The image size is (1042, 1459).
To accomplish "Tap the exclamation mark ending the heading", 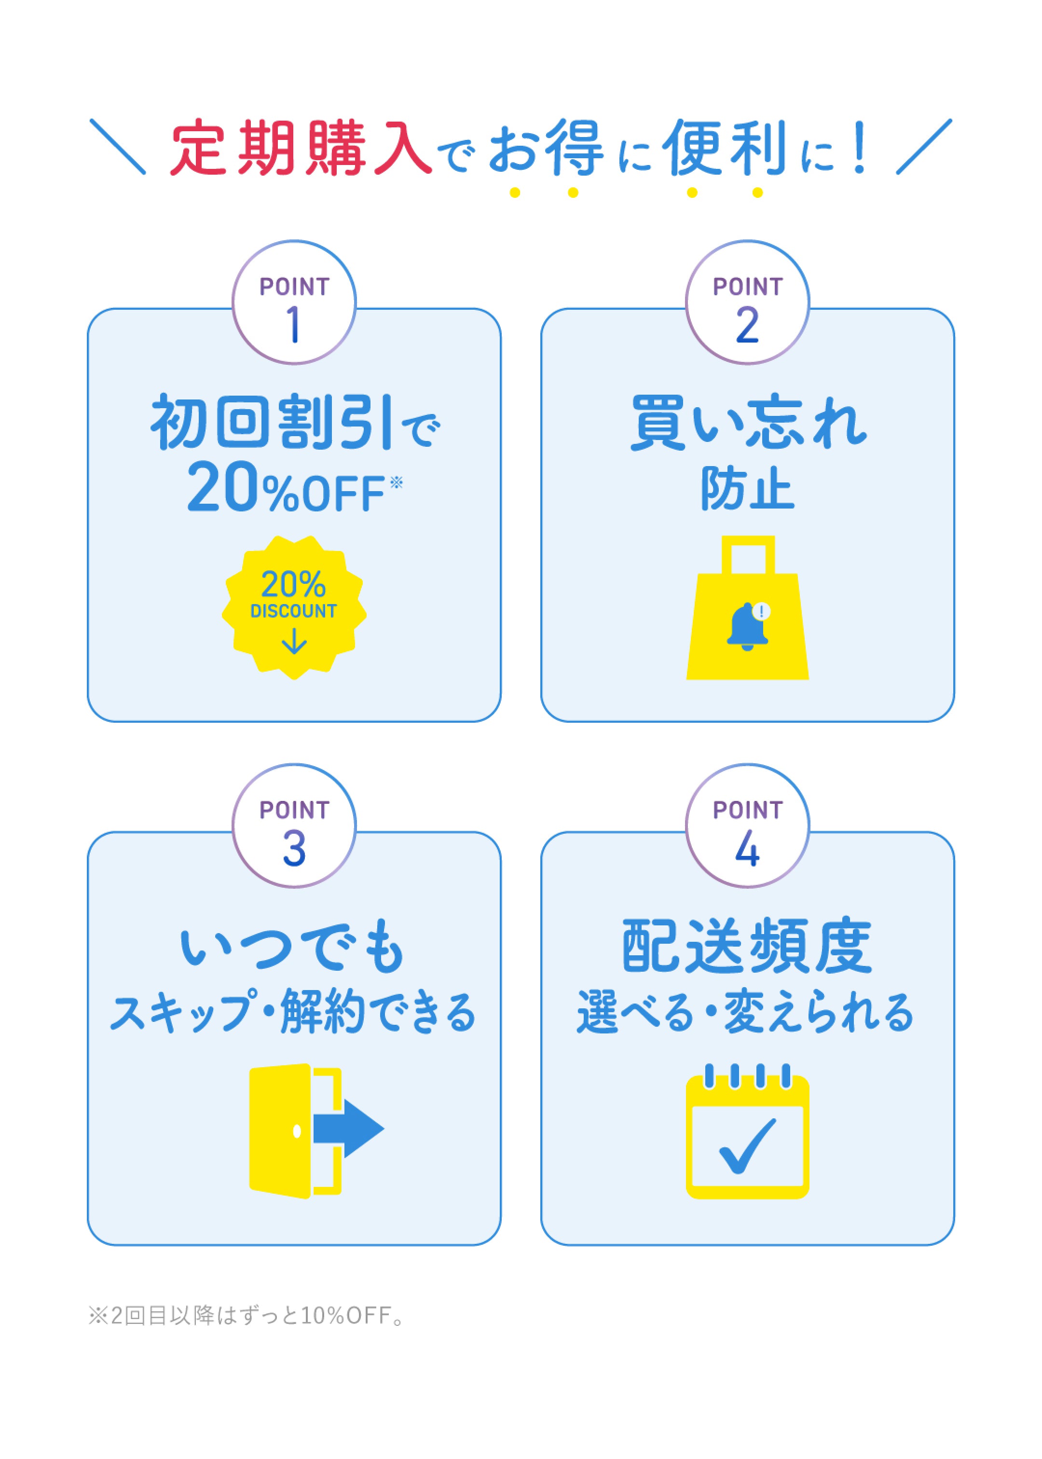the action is pos(858,147).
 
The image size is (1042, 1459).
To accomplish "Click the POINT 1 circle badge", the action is pos(294,302).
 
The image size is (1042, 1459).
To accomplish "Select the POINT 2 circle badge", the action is pos(748,302).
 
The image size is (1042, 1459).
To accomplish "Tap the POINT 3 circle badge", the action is pos(294,826).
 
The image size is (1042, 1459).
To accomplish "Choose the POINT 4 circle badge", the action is pos(748,826).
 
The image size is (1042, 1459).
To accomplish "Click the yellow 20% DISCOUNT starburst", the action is pos(294,607).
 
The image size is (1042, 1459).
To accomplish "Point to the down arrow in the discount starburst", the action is pos(294,641).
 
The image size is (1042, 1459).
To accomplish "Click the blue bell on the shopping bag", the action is pos(748,627).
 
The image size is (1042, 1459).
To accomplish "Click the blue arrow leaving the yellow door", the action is pos(348,1129).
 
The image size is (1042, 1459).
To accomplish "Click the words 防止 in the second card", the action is pos(748,489).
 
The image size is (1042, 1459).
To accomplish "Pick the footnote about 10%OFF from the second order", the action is pos(247,1315).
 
